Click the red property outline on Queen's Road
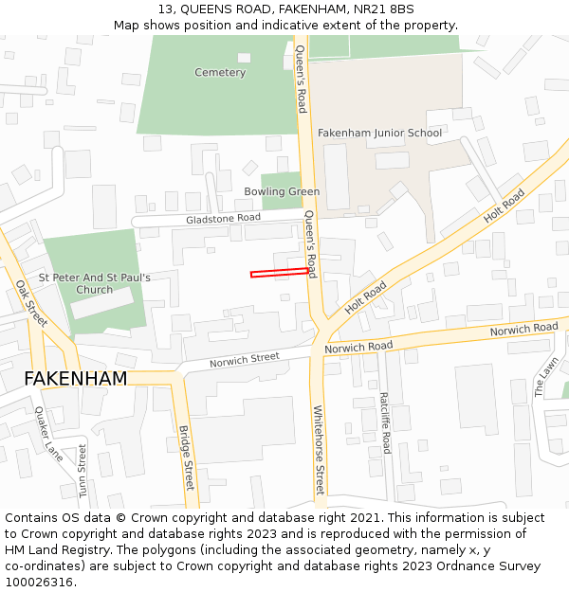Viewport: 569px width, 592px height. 280,274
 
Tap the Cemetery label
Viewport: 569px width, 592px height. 220,72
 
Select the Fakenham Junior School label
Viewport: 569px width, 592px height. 379,133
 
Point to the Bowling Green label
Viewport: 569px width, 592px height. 282,191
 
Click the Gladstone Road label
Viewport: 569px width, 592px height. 223,218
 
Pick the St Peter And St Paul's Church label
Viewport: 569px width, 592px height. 94,283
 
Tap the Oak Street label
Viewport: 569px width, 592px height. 31,303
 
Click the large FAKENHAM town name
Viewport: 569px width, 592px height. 75,379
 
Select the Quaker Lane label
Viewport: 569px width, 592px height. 47,434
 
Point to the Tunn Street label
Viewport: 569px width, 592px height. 83,471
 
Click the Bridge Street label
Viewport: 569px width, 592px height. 186,457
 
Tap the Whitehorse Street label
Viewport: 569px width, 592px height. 319,451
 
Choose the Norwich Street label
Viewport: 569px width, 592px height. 245,358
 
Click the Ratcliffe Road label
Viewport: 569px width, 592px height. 385,422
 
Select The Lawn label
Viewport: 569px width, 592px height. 545,376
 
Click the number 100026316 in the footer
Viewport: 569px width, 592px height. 38,582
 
